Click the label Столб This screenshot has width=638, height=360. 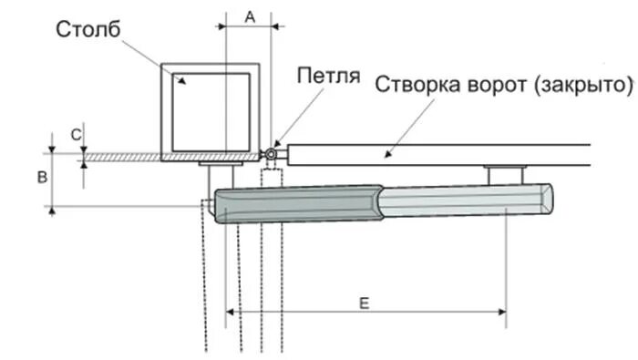click(88, 31)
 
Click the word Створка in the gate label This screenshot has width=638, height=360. click(415, 85)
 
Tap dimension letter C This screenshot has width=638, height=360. click(77, 135)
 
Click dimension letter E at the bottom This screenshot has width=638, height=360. click(365, 302)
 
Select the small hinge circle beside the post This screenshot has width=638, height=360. click(271, 156)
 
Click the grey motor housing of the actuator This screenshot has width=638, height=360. click(301, 203)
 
